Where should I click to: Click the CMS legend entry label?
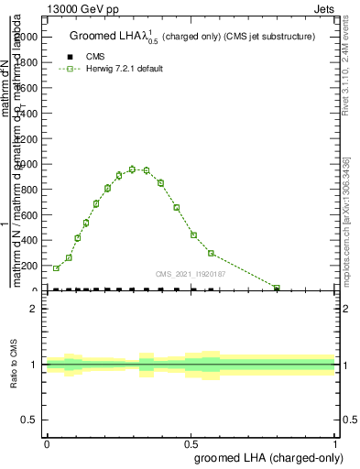coord(95,57)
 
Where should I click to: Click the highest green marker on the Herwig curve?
coord(133,169)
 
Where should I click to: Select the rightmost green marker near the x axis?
coord(277,288)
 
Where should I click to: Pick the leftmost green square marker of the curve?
coord(56,268)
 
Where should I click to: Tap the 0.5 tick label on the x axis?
coord(191,444)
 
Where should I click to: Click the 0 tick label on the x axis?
coord(47,444)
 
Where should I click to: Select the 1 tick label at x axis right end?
coord(335,444)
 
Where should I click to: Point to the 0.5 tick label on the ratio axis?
coord(30,420)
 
